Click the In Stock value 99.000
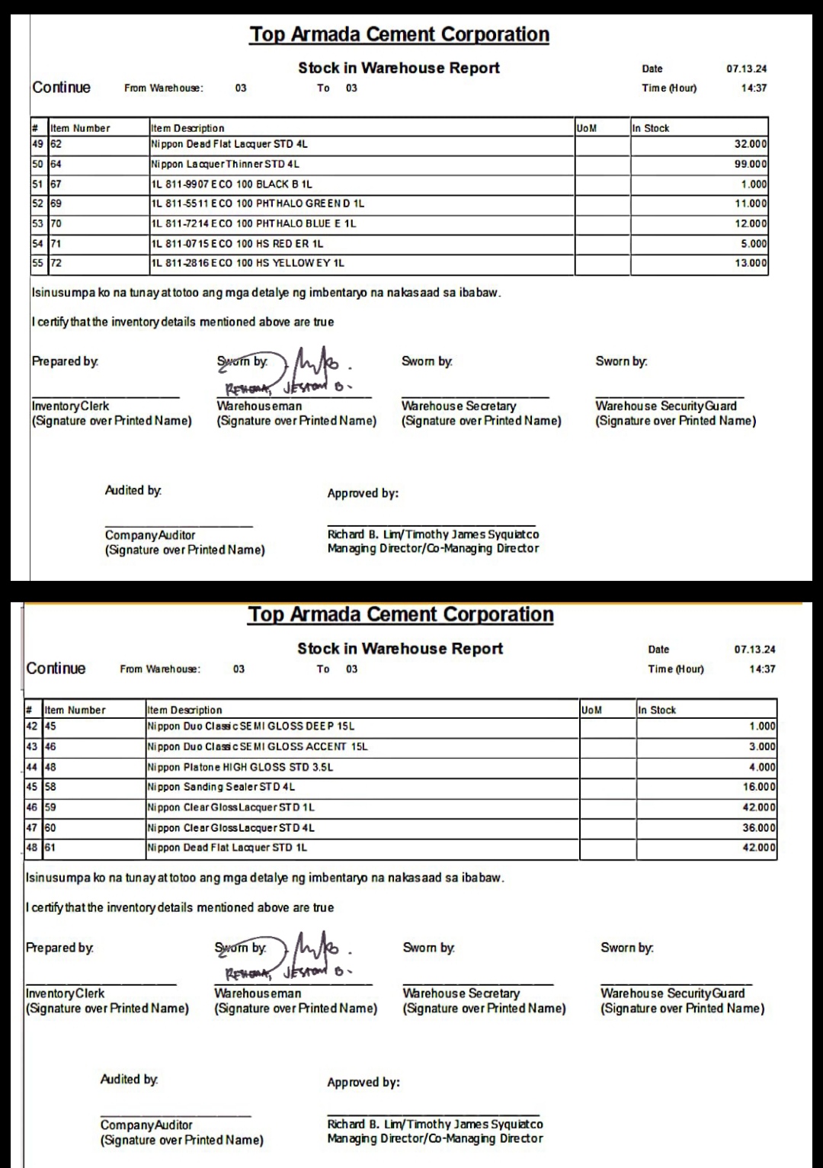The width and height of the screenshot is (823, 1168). [751, 164]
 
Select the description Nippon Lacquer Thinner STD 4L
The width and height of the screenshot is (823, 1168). [225, 164]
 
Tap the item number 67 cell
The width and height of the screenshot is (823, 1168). [56, 184]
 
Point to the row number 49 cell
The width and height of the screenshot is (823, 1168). [37, 143]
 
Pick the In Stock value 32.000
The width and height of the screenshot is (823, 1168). [751, 144]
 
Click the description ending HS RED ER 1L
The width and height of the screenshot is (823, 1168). [237, 243]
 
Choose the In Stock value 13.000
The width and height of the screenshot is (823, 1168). [751, 263]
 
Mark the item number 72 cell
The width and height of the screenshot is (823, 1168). [56, 263]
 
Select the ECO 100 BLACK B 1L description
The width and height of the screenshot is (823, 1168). [231, 184]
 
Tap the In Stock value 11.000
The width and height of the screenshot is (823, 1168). [751, 204]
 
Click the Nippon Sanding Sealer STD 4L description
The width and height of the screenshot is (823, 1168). [221, 787]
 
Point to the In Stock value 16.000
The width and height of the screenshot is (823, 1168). [759, 787]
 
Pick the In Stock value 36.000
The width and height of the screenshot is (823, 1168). [759, 827]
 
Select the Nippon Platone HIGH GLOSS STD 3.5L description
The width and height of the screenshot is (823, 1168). [240, 767]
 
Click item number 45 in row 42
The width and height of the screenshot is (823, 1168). [50, 727]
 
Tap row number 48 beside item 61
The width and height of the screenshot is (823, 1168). [32, 847]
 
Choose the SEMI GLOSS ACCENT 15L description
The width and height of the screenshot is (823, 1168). [258, 746]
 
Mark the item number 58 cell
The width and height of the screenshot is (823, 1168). [50, 787]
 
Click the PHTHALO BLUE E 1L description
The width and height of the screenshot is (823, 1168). [253, 223]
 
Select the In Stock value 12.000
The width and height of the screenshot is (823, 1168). [751, 223]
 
